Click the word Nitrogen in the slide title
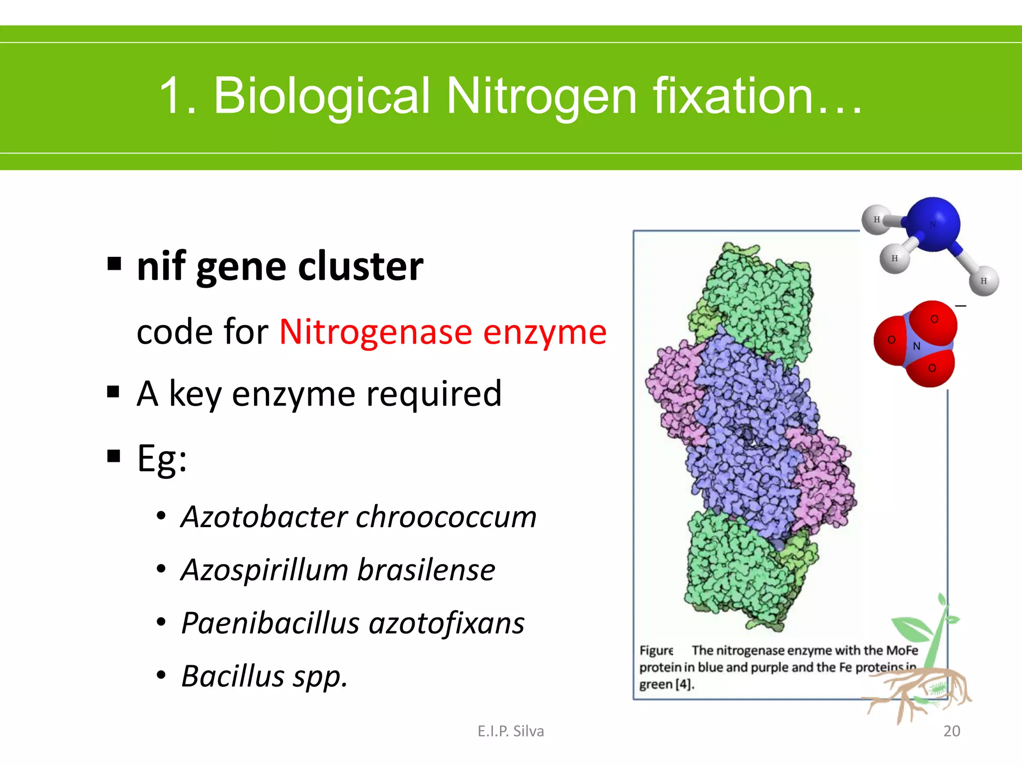(x=541, y=96)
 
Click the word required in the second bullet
(x=434, y=394)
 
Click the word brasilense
(x=426, y=570)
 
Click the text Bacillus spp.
(x=264, y=677)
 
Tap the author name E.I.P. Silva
(x=511, y=731)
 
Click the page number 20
(x=952, y=731)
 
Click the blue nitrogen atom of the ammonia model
(x=933, y=224)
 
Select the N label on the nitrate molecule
(x=916, y=346)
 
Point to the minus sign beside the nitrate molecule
(x=961, y=306)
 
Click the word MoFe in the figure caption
(x=902, y=650)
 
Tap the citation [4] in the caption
(x=684, y=684)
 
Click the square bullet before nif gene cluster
(x=114, y=263)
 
